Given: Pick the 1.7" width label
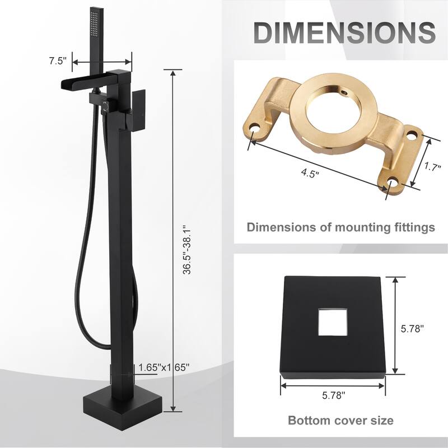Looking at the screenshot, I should click(x=430, y=166).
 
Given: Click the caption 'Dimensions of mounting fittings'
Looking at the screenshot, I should click(x=340, y=227).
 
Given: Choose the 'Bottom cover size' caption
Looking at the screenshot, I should click(x=340, y=420).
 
